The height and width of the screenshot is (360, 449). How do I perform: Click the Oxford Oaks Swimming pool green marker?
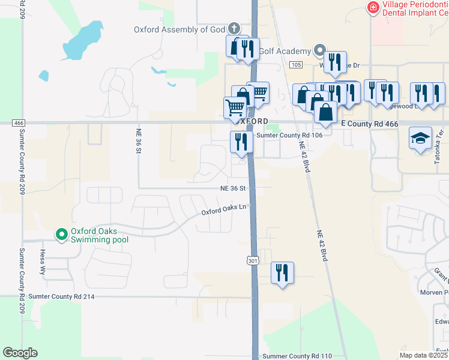(61, 235)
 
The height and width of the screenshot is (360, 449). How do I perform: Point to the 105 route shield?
(295, 64)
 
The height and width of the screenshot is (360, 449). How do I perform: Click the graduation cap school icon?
(421, 138)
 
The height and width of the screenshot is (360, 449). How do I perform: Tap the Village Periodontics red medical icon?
(373, 7)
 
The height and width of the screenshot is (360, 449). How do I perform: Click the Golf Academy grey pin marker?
(320, 51)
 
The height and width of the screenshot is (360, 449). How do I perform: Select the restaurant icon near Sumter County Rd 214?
(282, 273)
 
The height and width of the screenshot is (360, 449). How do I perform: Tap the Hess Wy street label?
(43, 262)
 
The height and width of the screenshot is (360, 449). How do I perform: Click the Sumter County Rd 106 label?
(290, 135)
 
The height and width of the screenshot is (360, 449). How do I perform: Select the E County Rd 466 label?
(369, 123)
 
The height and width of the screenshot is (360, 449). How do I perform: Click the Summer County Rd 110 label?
(297, 356)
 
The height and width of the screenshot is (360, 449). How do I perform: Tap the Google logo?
(20, 353)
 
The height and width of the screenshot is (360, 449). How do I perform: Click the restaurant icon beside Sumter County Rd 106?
(240, 142)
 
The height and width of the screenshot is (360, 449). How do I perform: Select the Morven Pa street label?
(435, 292)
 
